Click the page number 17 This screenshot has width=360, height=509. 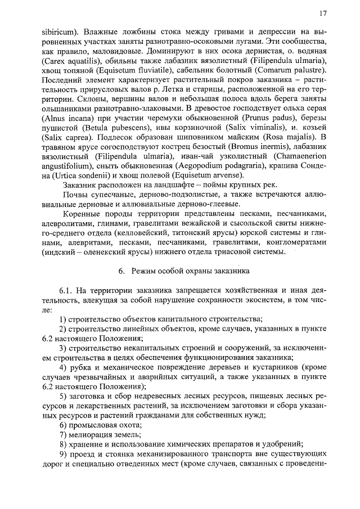click(322, 13)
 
